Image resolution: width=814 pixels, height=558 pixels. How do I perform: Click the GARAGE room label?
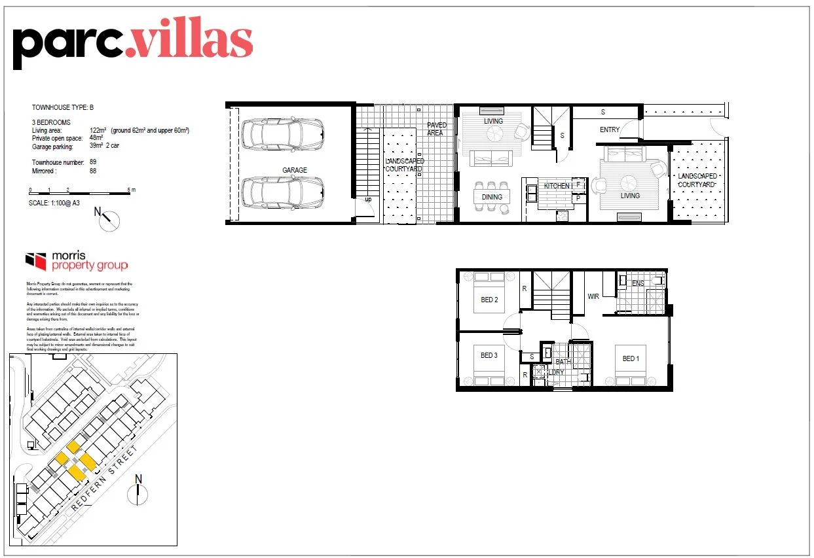point(295,170)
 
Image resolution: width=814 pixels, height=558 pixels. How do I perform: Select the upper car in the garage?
point(282,134)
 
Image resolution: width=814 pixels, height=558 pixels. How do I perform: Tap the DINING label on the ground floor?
point(492,197)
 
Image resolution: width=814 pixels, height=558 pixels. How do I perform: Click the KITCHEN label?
point(557,186)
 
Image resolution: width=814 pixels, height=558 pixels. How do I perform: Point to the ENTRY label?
point(609,130)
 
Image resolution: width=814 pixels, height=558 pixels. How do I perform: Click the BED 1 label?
point(631,358)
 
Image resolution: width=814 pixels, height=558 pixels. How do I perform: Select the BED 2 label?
point(490,300)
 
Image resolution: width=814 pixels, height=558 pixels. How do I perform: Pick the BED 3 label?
point(489,355)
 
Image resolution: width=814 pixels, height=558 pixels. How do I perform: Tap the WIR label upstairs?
point(593,296)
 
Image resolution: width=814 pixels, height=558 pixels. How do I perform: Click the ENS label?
point(638,283)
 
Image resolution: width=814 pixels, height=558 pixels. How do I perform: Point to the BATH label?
point(563,362)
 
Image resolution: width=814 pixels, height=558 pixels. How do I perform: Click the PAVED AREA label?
point(436,129)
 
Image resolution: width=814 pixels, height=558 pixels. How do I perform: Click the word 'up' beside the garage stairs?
point(367,200)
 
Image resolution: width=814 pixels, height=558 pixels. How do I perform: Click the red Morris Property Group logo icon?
point(35,261)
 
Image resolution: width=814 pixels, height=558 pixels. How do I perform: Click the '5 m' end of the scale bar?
point(132,190)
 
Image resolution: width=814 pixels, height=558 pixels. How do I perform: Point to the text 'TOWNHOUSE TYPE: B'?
point(64,107)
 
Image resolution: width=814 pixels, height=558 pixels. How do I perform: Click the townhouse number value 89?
point(93,162)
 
